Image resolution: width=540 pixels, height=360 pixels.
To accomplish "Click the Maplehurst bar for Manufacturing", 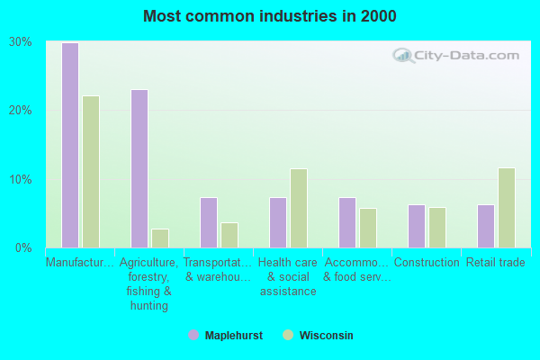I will click(x=69, y=145).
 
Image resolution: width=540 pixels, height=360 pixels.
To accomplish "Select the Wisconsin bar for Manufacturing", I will click(x=91, y=171).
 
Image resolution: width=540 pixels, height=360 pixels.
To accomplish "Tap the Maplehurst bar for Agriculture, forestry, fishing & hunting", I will click(x=139, y=168).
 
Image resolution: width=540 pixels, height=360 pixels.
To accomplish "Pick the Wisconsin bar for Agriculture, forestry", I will click(x=160, y=238).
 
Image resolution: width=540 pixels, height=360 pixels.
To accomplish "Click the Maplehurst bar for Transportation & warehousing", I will click(x=209, y=222).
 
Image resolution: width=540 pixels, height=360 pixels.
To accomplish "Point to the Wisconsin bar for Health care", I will click(x=299, y=208).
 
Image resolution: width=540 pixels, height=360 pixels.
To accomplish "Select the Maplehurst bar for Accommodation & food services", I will click(x=347, y=222).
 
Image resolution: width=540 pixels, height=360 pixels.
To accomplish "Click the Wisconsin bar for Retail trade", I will click(x=507, y=207).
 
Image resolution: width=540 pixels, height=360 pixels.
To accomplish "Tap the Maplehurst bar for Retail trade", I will click(x=486, y=226).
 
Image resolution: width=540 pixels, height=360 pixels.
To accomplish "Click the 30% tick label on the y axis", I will click(x=21, y=41).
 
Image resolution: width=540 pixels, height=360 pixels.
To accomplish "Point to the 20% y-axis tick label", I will click(x=21, y=110).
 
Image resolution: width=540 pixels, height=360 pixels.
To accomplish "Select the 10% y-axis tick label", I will click(x=21, y=179).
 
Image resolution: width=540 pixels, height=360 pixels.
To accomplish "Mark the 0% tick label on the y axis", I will click(x=24, y=247).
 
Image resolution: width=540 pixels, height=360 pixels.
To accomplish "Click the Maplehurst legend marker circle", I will click(x=193, y=335).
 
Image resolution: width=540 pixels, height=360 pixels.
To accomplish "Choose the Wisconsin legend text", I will click(x=327, y=335).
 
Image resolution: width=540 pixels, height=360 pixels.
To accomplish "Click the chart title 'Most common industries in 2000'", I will click(x=269, y=16).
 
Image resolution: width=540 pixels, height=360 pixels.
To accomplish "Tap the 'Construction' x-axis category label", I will click(x=426, y=263).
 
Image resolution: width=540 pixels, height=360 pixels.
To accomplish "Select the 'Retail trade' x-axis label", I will click(x=495, y=263).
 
